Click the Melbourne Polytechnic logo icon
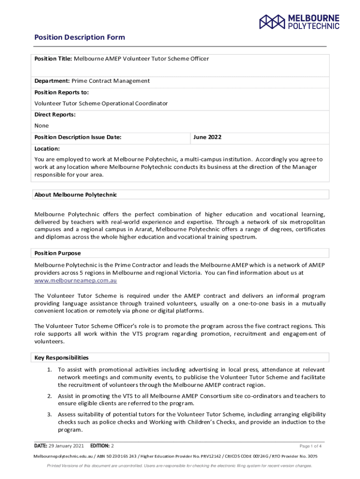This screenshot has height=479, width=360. tap(272, 22)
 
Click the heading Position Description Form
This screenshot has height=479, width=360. tap(79, 37)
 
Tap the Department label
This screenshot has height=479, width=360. tap(52, 81)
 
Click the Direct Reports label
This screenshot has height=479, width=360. tap(55, 115)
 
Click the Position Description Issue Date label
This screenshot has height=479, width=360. tap(78, 137)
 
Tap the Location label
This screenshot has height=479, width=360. tap(47, 148)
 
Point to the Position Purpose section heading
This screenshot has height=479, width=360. tap(58, 253)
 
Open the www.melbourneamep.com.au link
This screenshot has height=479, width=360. tap(76, 281)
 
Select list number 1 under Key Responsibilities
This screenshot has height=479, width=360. tap(49, 370)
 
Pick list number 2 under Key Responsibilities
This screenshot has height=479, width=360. tap(49, 396)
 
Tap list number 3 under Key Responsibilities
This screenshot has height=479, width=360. tap(49, 414)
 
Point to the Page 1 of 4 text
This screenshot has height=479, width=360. tap(310, 446)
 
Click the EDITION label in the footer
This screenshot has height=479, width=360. tap(99, 445)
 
